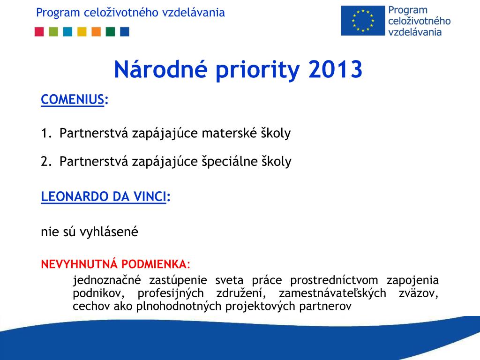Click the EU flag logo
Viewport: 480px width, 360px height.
coord(363,21)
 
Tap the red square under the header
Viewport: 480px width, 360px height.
coord(39,31)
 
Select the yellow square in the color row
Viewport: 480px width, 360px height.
coord(82,31)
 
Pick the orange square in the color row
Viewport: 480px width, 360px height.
coord(96,31)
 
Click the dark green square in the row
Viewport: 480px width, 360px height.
coord(110,31)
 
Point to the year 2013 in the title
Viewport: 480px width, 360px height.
coord(335,69)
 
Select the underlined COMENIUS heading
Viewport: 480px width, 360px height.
coord(73,99)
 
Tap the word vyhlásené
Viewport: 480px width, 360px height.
coord(109,232)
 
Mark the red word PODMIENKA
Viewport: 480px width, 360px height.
coord(156,264)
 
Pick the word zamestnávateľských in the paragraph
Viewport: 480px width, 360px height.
coord(332,293)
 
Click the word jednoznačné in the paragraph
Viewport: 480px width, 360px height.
coord(107,280)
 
